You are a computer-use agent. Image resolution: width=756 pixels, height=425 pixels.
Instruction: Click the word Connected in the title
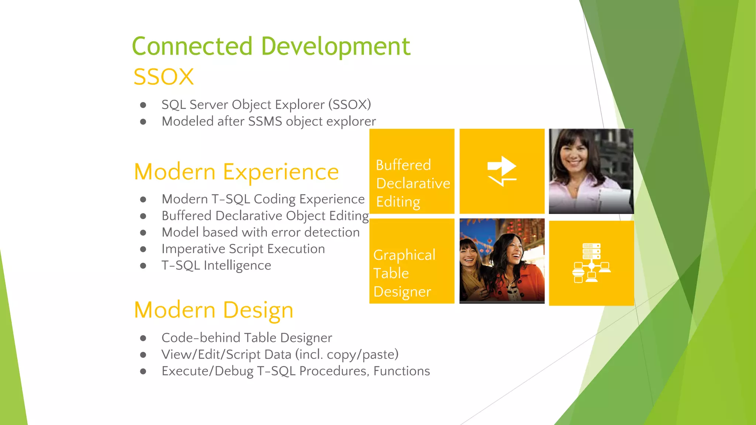click(x=192, y=46)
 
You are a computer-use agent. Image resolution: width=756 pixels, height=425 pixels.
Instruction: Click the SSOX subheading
click(x=164, y=77)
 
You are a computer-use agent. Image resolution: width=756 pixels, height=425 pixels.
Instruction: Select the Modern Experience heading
click(x=236, y=172)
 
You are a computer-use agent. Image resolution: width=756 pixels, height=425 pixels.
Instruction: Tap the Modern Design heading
click(x=213, y=310)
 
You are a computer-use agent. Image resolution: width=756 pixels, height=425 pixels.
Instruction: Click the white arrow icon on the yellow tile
click(x=502, y=170)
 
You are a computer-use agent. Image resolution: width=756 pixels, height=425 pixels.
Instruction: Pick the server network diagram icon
click(x=591, y=263)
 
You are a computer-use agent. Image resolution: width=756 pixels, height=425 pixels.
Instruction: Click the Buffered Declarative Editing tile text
click(x=412, y=183)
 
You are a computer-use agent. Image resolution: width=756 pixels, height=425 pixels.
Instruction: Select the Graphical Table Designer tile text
click(x=404, y=273)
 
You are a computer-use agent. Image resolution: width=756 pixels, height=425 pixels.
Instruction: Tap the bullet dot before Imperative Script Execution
click(x=143, y=249)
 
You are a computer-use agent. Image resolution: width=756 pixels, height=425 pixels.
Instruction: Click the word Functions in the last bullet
click(x=402, y=371)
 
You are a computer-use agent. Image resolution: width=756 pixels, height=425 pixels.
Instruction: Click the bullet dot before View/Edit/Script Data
click(x=143, y=355)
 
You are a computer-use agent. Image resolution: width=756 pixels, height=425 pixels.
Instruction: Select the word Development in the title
click(x=336, y=46)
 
